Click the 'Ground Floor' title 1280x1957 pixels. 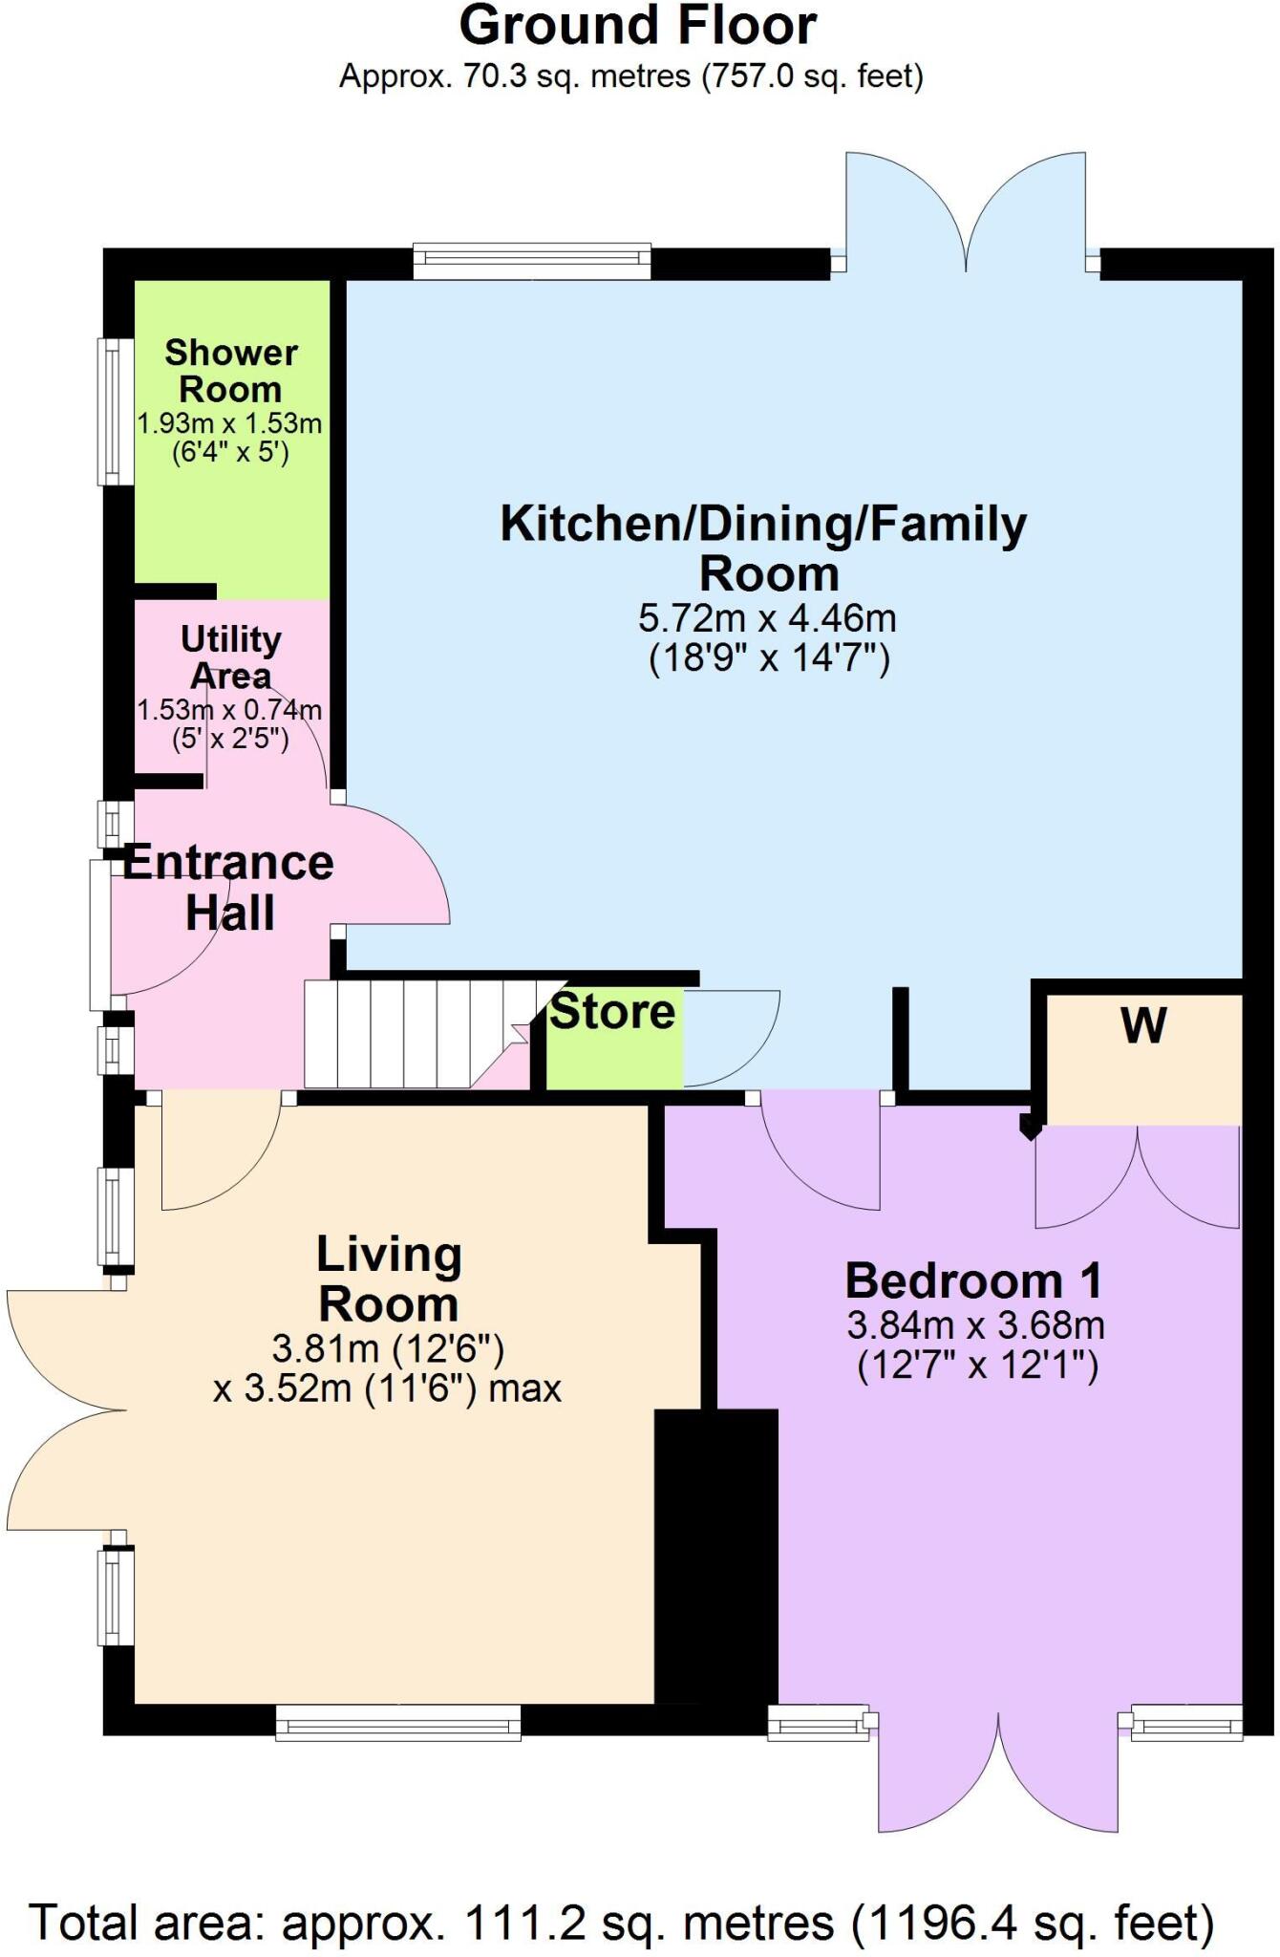click(x=638, y=26)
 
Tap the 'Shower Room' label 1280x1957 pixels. click(x=231, y=371)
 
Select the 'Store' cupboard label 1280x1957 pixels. click(x=612, y=1012)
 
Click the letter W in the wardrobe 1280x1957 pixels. click(x=1143, y=1026)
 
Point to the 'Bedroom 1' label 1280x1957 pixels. click(x=974, y=1280)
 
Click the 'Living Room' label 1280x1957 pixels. click(x=389, y=1280)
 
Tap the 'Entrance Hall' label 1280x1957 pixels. click(x=229, y=888)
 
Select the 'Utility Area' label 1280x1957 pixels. click(x=231, y=656)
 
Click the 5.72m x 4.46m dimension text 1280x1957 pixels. click(x=767, y=618)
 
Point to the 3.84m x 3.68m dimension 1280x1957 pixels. click(x=975, y=1325)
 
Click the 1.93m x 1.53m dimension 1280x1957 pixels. click(x=229, y=422)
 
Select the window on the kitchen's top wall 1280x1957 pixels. click(x=532, y=260)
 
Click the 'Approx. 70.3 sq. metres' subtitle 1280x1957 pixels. click(x=631, y=75)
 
